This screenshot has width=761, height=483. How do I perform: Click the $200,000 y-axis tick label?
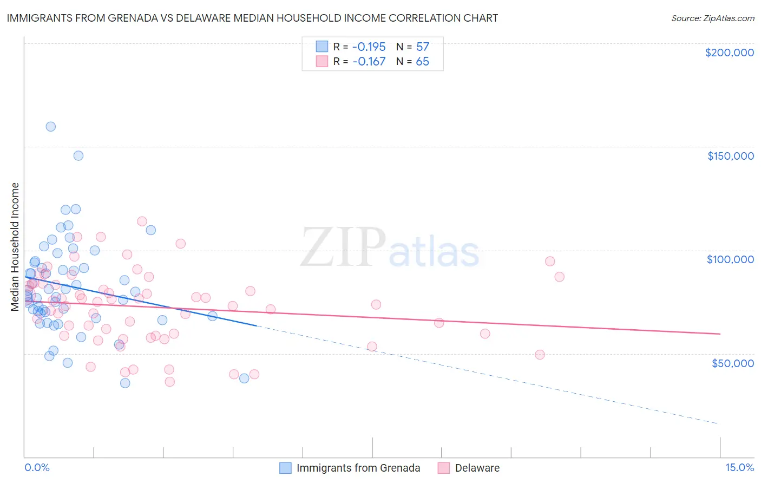pos(729,53)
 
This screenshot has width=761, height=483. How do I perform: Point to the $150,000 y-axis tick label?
pos(730,156)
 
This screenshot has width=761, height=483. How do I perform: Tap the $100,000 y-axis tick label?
pos(730,259)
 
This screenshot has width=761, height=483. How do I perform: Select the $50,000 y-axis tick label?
pos(732,363)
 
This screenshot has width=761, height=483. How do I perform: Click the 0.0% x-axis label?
pos(37,467)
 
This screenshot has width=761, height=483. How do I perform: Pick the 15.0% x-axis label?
pos(739,467)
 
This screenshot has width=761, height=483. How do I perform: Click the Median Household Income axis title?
pos(15,247)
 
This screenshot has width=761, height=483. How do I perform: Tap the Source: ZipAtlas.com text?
pos(712,18)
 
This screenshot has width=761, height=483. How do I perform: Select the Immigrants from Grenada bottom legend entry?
pos(358,468)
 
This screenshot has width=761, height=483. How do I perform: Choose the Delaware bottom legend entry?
pos(477,468)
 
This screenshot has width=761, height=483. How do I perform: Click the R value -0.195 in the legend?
pos(369,47)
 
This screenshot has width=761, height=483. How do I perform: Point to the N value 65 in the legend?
pos(422,62)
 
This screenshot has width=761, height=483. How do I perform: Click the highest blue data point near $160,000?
pos(50,127)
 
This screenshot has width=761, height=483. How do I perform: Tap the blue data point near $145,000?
pos(78,155)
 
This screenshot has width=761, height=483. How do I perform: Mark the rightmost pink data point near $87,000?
pos(559,277)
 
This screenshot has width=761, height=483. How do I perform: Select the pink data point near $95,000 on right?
pos(550,261)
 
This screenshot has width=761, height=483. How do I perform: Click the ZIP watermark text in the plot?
pos(343,247)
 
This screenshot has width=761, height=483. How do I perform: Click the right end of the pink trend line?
pos(720,334)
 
